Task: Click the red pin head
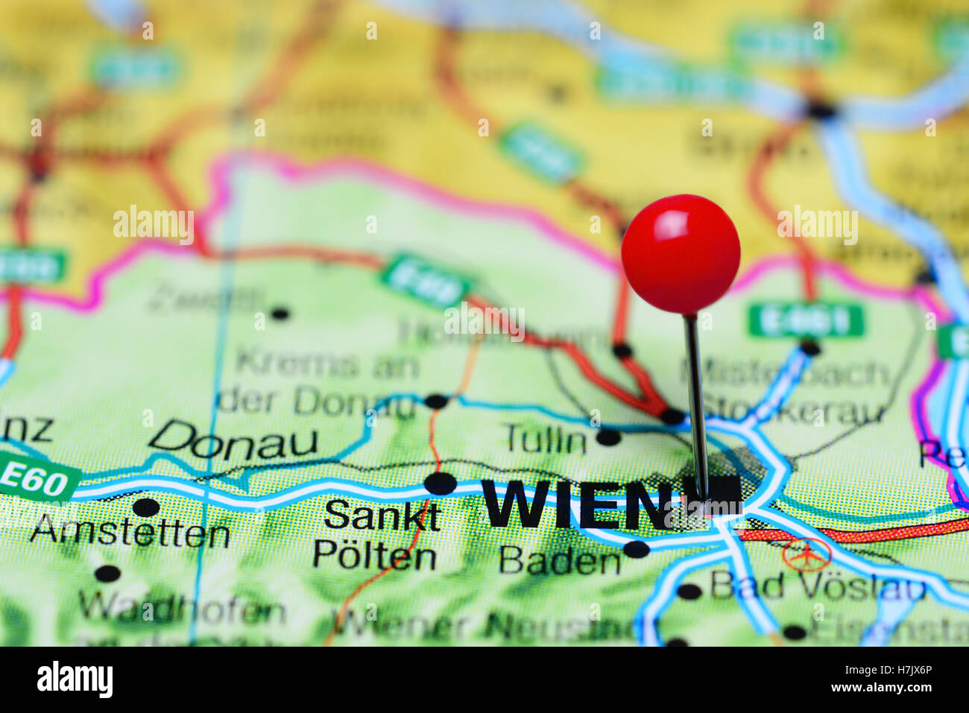point(680,253)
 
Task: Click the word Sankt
point(382,516)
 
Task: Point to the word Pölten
point(374,556)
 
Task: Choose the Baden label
point(560,560)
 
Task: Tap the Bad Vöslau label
point(817,586)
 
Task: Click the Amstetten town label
point(130,533)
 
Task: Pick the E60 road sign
point(35,481)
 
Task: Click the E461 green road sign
point(806,320)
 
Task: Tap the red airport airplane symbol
point(806,554)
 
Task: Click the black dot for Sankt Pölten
point(440,483)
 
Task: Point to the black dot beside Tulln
point(608,437)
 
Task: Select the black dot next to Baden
point(636,550)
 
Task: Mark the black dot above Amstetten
point(146,507)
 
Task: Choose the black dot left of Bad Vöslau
point(689,592)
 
